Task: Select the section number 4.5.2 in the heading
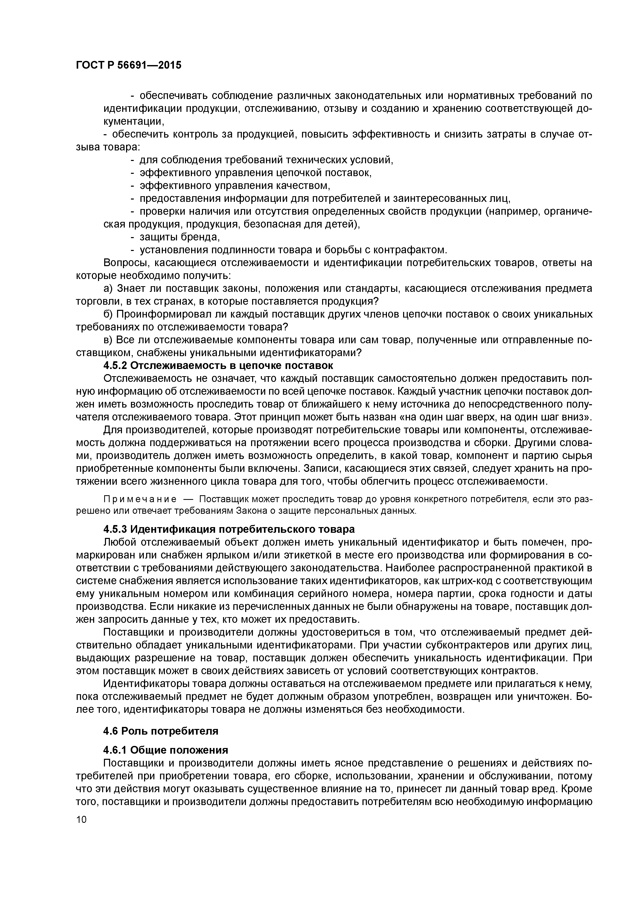[115, 366]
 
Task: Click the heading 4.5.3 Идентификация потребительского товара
[229, 529]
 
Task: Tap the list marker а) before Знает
[108, 289]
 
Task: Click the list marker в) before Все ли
[108, 340]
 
